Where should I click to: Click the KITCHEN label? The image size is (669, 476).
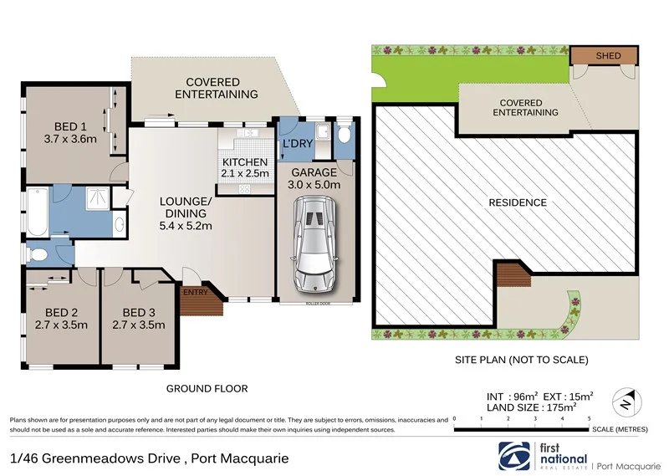pos(244,161)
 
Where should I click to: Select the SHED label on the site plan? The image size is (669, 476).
pos(609,55)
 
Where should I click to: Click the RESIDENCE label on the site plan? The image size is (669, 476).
pos(518,202)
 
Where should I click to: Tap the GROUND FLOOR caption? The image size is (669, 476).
pos(207,388)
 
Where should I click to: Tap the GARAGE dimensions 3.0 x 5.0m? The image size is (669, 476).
pos(314,185)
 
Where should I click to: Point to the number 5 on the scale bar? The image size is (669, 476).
pos(590,417)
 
